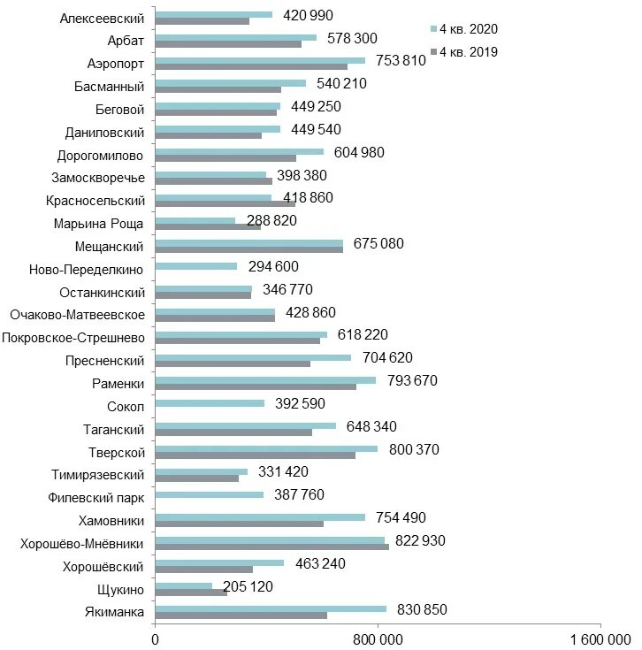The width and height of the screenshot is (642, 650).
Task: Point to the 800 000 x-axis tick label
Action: (x=378, y=639)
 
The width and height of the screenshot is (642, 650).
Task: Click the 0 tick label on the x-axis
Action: (x=156, y=639)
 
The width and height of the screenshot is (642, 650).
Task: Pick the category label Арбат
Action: (x=126, y=41)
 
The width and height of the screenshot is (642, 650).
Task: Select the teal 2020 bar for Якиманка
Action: (x=271, y=608)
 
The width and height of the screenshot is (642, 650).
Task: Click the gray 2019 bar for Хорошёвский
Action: (x=203, y=569)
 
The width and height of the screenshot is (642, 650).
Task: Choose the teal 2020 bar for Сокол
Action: (x=210, y=403)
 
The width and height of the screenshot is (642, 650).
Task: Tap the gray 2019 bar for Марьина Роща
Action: (x=208, y=226)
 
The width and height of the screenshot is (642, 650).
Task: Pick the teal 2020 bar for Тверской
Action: (x=266, y=448)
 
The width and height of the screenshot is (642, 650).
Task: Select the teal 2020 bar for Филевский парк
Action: (x=209, y=494)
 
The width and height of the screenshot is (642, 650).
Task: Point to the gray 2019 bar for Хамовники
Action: (x=239, y=524)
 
